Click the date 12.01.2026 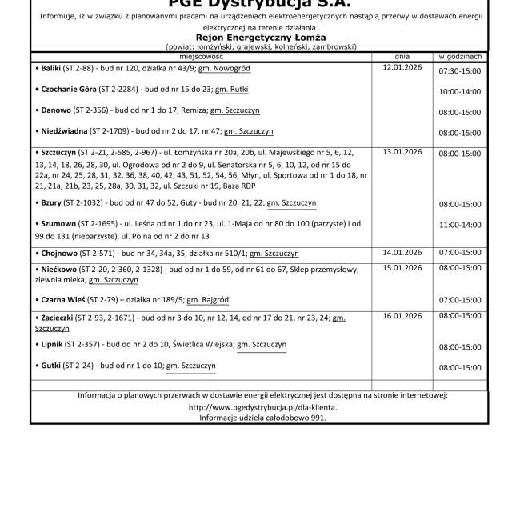coord(402,67)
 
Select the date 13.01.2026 coord(402,150)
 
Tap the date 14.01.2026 coord(402,252)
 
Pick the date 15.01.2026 coord(402,268)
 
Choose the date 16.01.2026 coord(402,316)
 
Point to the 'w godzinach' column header coord(460,58)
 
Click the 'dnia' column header coord(402,58)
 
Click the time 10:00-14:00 coord(460,93)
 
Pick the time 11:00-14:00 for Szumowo coord(460,225)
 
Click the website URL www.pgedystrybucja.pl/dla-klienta coord(262,406)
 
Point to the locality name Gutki coord(51,366)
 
